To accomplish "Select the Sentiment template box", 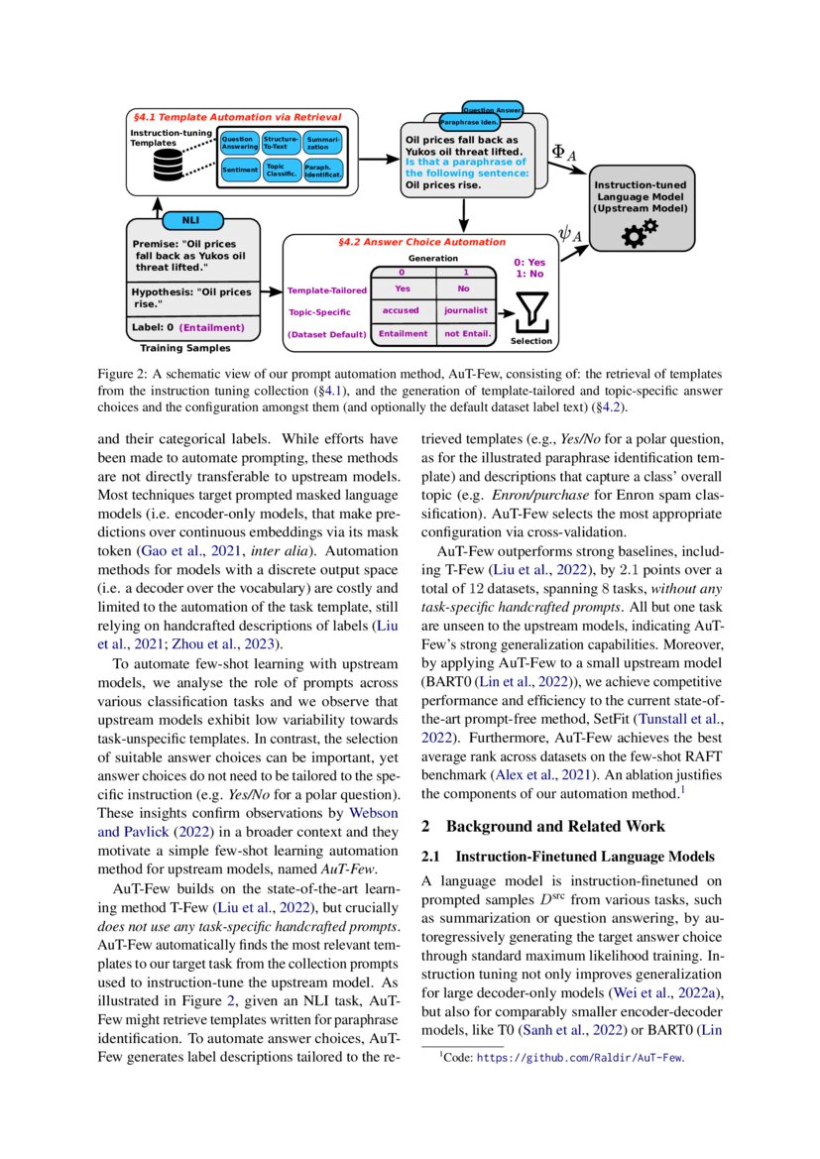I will click(x=239, y=170).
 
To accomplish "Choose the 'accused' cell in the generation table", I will click(x=402, y=310).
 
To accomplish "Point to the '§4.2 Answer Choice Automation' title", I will click(x=421, y=242).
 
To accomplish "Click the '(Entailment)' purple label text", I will click(x=212, y=326).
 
